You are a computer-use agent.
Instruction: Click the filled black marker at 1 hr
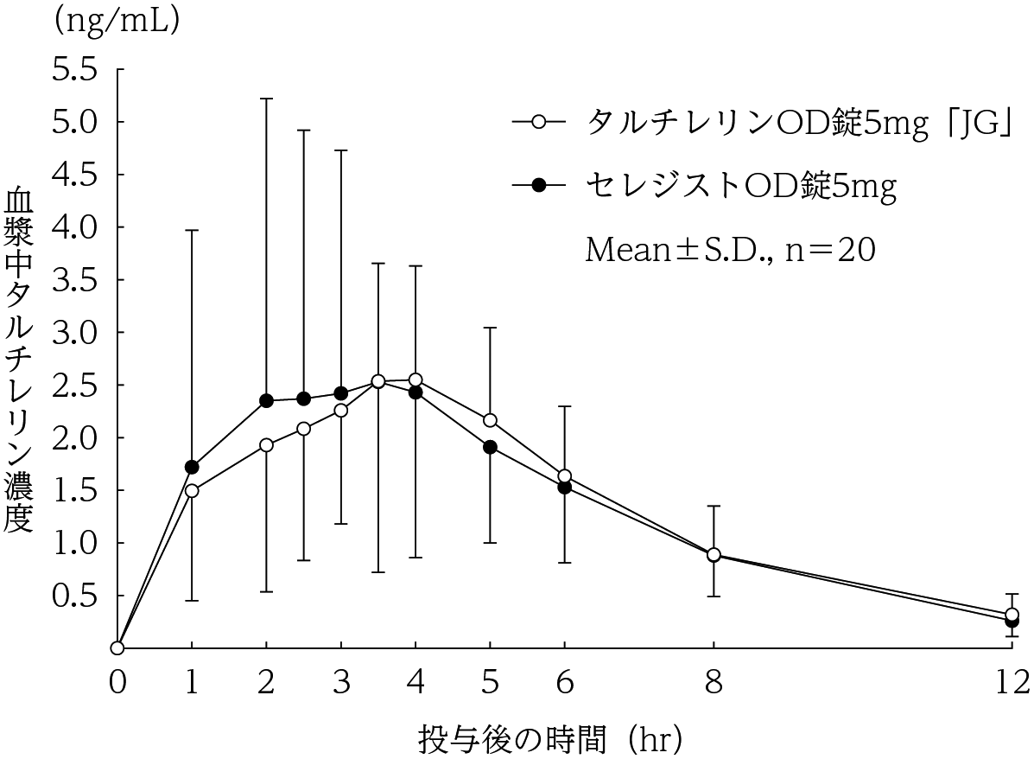(192, 467)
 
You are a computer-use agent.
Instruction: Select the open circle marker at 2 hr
(266, 445)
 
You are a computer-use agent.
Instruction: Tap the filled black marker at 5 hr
(490, 447)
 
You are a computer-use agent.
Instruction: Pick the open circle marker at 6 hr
(565, 476)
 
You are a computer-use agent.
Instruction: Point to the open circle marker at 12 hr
(1012, 615)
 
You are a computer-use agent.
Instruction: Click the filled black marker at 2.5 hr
(303, 399)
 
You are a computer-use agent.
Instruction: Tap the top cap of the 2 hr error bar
(266, 99)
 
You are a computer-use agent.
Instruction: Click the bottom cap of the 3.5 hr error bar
(377, 572)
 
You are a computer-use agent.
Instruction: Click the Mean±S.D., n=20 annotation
(731, 250)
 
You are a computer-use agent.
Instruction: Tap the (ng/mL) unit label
(116, 22)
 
